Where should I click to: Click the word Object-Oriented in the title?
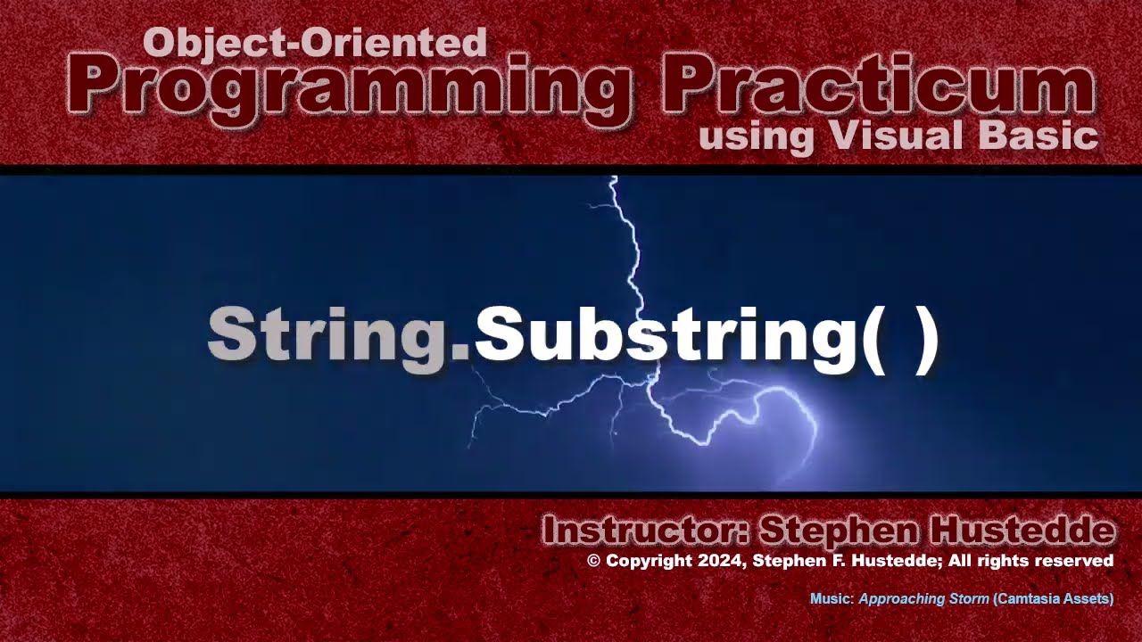314,42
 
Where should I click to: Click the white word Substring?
666,335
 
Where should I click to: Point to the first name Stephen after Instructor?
839,531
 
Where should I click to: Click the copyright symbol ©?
594,561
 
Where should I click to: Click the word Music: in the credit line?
832,599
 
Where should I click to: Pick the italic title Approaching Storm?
923,599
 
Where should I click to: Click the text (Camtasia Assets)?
1053,599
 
